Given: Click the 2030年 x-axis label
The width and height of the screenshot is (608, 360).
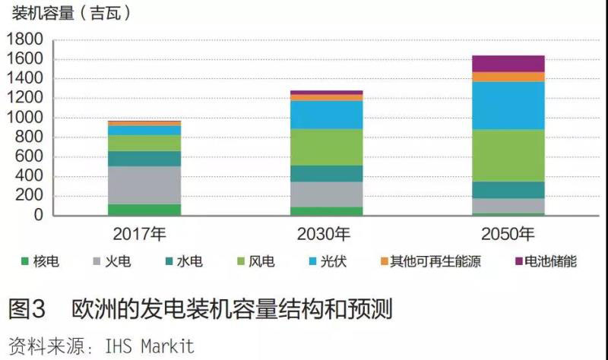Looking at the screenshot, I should [x=327, y=232].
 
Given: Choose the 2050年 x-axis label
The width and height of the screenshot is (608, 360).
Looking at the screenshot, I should [x=508, y=232].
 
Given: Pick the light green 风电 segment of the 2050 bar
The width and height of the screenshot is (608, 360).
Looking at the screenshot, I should [x=508, y=155].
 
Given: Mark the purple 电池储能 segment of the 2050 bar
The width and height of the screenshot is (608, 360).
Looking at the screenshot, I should [x=508, y=63].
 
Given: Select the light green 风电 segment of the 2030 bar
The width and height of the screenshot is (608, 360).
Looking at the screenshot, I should [x=327, y=147].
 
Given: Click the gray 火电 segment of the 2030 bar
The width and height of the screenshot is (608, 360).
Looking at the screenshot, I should [x=327, y=194].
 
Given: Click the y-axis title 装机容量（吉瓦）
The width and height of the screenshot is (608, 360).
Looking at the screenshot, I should [x=71, y=13].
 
